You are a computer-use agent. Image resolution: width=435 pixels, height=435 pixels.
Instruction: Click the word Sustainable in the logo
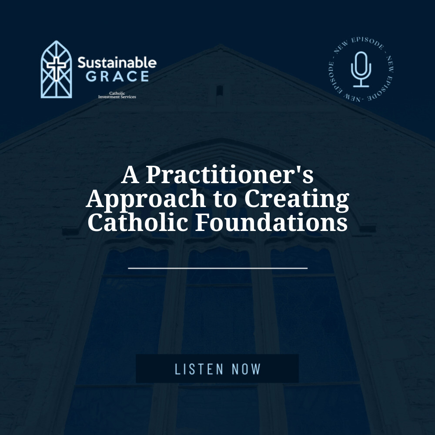click(x=117, y=62)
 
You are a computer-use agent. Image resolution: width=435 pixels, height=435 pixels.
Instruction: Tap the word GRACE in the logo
click(x=117, y=76)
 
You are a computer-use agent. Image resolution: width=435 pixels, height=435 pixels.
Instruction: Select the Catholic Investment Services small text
click(x=117, y=94)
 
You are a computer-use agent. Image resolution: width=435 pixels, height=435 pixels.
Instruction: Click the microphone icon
click(x=361, y=70)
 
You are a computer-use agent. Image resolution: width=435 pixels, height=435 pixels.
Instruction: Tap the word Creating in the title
click(x=296, y=199)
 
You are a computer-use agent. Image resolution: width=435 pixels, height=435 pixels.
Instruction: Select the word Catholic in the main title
click(x=138, y=222)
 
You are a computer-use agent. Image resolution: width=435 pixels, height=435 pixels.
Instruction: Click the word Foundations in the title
click(x=271, y=222)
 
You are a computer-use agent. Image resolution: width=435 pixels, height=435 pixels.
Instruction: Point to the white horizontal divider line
click(x=217, y=268)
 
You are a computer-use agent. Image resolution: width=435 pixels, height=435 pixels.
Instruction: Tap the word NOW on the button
click(x=246, y=369)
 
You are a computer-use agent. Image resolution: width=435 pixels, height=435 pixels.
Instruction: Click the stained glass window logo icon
click(x=56, y=69)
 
